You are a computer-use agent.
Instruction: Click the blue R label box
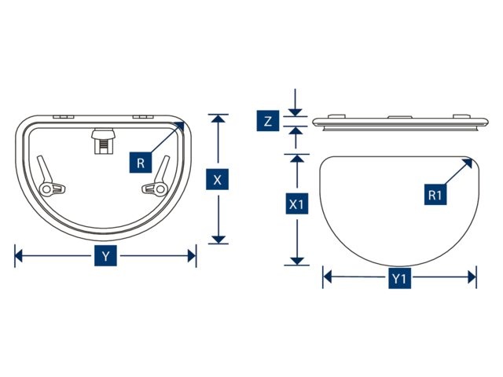pos(141,163)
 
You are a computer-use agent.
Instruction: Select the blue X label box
pos(217,180)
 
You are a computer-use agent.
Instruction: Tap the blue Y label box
pos(105,256)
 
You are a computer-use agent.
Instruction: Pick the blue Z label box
pos(268,121)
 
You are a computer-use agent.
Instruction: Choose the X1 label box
pos(297,203)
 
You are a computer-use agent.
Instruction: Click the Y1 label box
pos(400,279)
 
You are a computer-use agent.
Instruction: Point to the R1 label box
pos(435,195)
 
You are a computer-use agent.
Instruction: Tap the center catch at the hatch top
pos(103,141)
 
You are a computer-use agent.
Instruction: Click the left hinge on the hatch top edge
pos(64,117)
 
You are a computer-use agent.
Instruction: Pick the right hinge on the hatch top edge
pos(143,117)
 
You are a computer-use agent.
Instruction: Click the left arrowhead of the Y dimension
pos(19,256)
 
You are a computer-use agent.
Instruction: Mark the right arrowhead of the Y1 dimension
pos(472,277)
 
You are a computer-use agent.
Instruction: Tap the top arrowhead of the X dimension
pos(218,119)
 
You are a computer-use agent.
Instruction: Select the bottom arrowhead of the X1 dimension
pos(297,262)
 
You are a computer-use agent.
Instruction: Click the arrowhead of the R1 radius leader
pos(468,163)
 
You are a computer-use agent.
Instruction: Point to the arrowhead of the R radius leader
pos(180,126)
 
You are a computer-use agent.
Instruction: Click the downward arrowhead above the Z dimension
pos(296,112)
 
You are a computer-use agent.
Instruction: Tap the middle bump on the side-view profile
pos(400,117)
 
